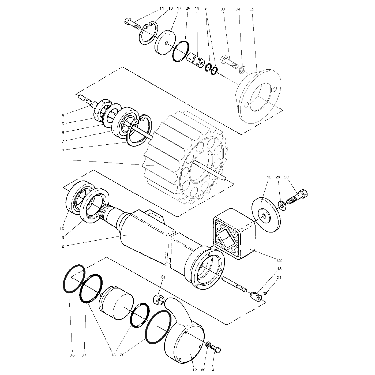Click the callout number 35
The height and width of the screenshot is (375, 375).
[x=252, y=9]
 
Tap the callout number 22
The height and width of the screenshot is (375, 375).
[x=279, y=260]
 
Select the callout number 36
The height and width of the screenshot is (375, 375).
[x=72, y=355]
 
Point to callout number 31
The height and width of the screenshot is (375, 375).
[x=163, y=277]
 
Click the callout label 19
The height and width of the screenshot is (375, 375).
[x=269, y=177]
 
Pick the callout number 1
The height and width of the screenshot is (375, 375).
[x=63, y=159]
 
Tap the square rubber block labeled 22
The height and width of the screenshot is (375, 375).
[x=234, y=234]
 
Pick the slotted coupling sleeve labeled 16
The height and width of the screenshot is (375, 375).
[x=196, y=60]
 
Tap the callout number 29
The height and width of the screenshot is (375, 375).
[x=122, y=355]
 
